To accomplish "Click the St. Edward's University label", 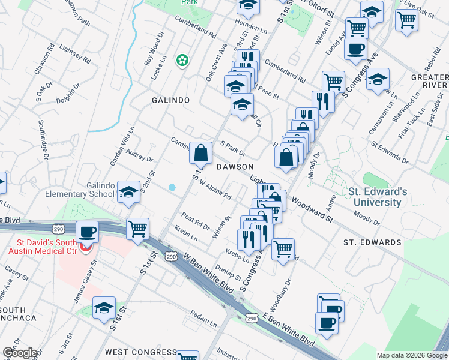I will click(x=378, y=197).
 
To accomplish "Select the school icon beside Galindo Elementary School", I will click(x=128, y=193).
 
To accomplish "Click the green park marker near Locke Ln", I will click(x=181, y=60).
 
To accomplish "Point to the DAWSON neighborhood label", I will click(x=235, y=166).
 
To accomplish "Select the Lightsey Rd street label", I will click(x=76, y=55).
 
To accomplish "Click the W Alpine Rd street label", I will click(x=215, y=191).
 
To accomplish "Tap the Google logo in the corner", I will click(x=20, y=353).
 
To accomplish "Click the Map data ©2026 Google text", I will click(x=411, y=355).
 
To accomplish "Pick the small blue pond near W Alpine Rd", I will click(x=172, y=187).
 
